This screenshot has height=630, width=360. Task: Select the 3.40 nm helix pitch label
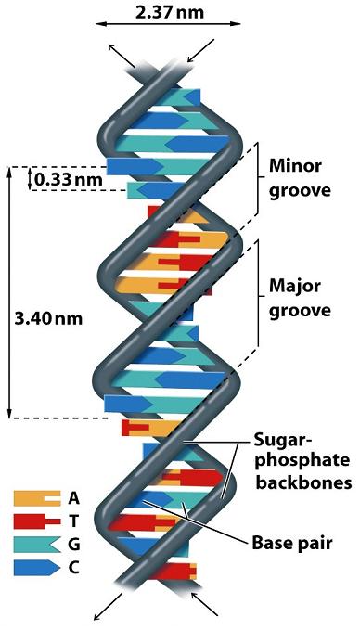pos(48,317)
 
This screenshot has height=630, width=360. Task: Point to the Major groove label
pos(299,296)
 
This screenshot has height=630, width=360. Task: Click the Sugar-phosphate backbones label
pos(302,460)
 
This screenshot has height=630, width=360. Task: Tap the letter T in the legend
pos(73,521)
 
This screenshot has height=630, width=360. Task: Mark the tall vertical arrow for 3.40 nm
pos(10,292)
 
